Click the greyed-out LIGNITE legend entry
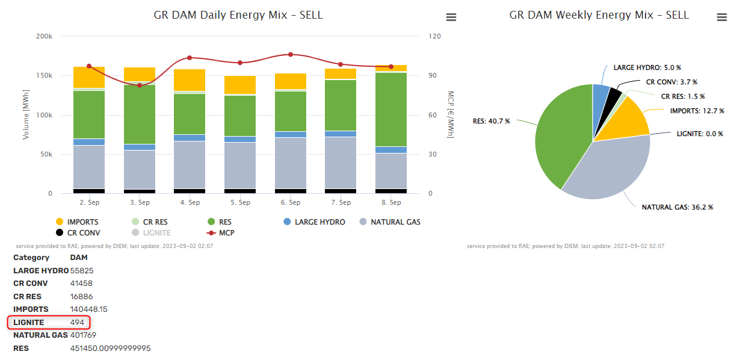(x=156, y=232)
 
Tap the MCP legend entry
(x=226, y=232)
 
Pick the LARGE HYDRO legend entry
(x=319, y=222)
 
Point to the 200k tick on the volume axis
(x=45, y=37)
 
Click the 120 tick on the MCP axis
(x=434, y=37)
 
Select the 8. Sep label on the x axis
(x=391, y=203)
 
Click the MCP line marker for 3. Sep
(x=140, y=85)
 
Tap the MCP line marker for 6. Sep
(x=291, y=54)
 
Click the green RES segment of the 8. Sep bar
(x=391, y=108)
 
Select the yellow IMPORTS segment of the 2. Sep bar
(x=89, y=77)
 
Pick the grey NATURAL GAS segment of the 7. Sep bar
(x=341, y=163)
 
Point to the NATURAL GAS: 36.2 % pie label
(x=677, y=207)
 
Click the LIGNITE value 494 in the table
(x=77, y=322)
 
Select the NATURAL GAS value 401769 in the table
(x=83, y=335)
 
